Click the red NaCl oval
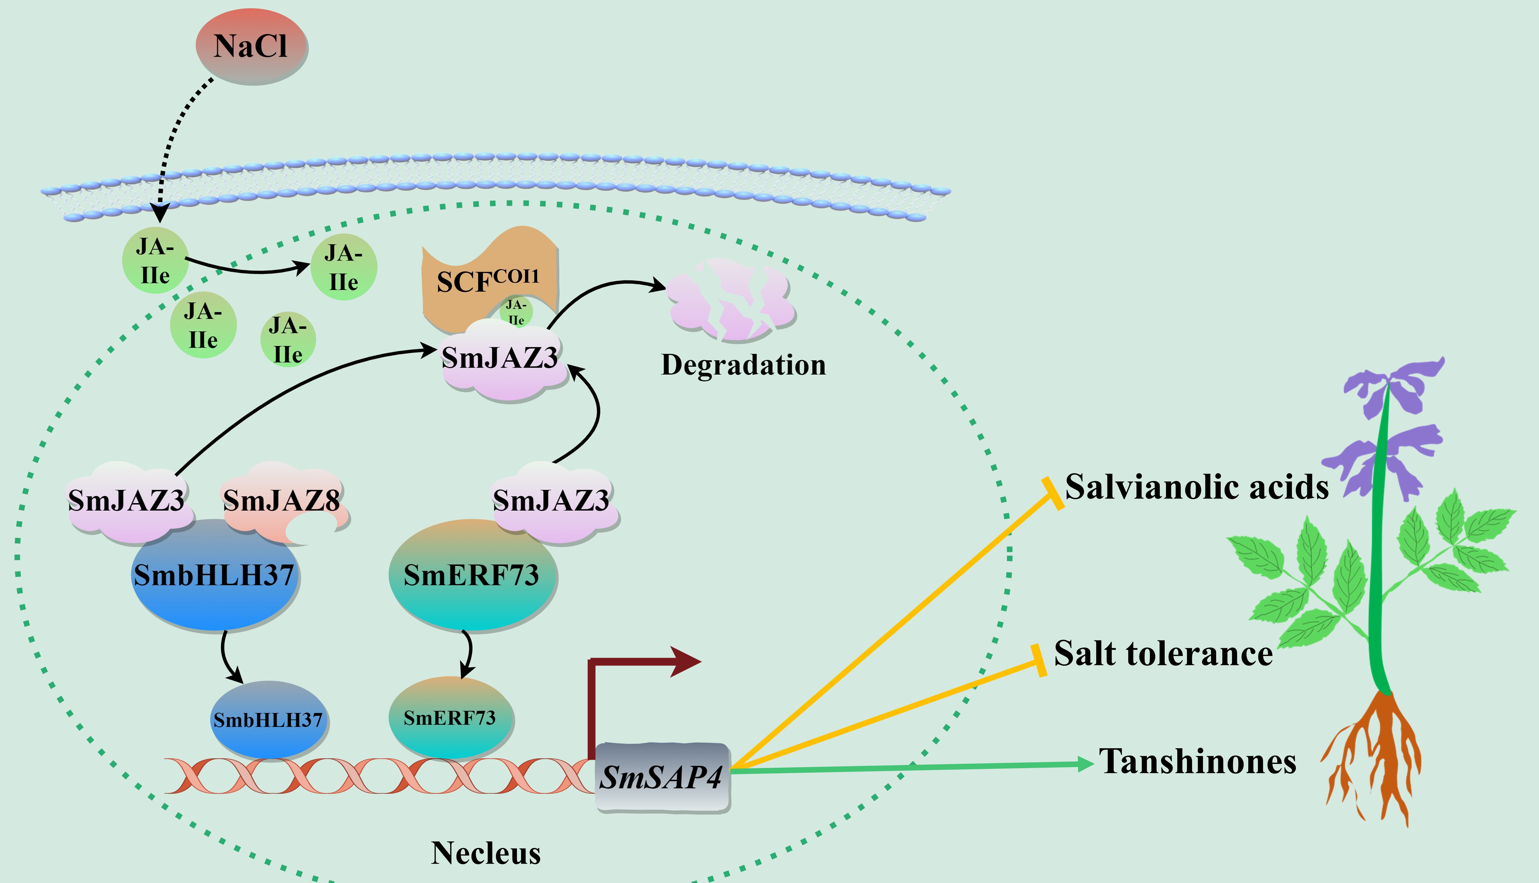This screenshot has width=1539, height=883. (251, 46)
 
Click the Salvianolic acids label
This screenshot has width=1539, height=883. (1196, 487)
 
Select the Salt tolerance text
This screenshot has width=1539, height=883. (1163, 654)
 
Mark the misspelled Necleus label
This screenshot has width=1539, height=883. (486, 853)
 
